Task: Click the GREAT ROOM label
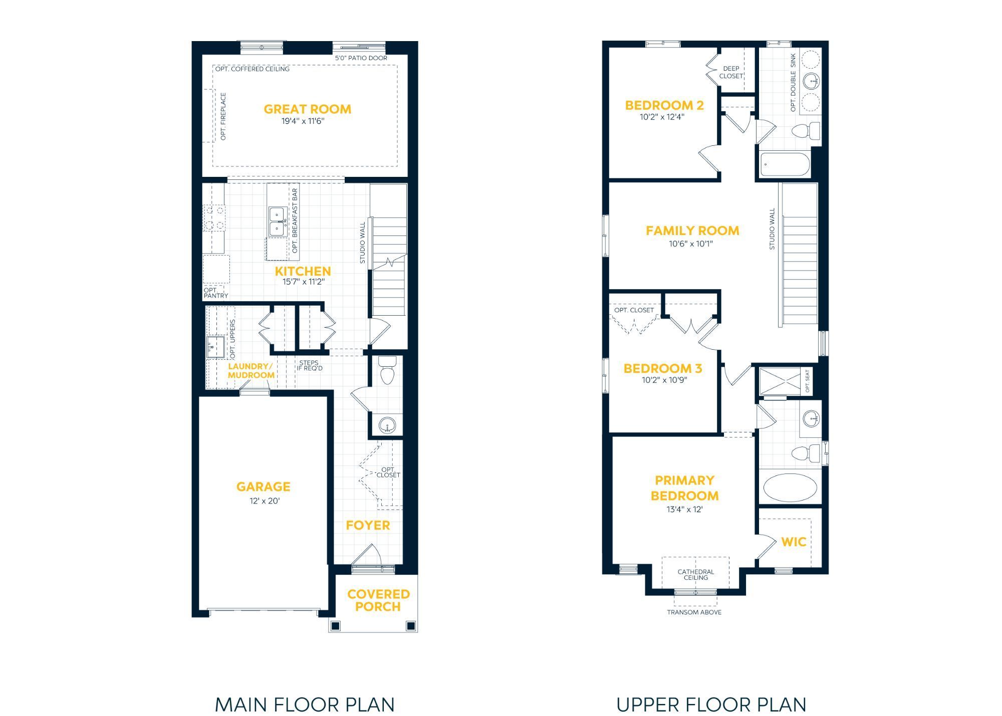tap(307, 109)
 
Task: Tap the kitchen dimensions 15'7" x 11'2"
tap(304, 282)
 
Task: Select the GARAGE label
tap(264, 487)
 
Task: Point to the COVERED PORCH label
tap(378, 600)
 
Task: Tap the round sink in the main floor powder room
tap(387, 426)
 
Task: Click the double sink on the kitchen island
tap(277, 222)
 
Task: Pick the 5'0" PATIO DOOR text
tap(361, 58)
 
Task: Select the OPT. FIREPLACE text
tap(223, 116)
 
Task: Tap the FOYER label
tap(368, 525)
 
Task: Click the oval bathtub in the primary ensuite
tap(790, 487)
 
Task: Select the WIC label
tap(794, 542)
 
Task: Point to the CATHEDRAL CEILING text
tap(696, 575)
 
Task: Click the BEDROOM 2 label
tap(664, 105)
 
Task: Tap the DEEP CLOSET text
tap(731, 72)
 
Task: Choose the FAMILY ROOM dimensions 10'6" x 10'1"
tap(691, 244)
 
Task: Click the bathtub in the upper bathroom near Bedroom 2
tap(785, 164)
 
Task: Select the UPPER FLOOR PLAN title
tap(711, 704)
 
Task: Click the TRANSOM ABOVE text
tap(694, 612)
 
